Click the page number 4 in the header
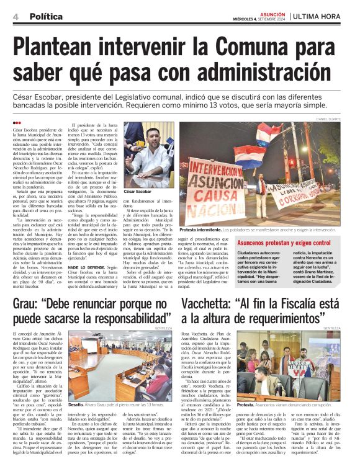click(x=15, y=16)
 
